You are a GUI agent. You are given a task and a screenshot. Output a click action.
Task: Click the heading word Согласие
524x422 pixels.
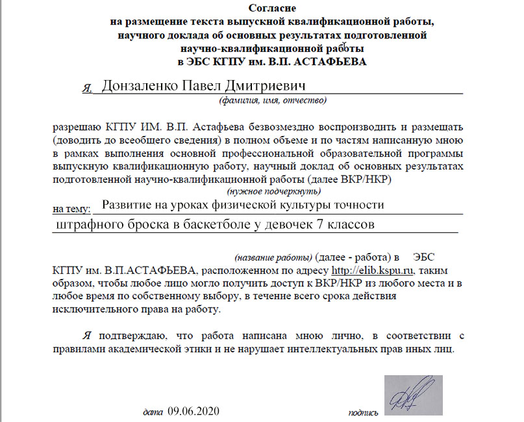tap(272, 8)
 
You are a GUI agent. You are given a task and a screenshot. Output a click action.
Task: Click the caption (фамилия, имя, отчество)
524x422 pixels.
tap(273, 101)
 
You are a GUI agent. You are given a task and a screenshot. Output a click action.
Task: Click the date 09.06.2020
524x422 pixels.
tap(194, 411)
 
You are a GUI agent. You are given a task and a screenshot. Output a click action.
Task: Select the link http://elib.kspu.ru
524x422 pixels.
tap(372, 270)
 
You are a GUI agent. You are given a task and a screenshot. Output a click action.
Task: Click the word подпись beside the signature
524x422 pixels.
tap(363, 412)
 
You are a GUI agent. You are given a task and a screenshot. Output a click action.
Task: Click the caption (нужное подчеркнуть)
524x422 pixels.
tap(273, 192)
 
